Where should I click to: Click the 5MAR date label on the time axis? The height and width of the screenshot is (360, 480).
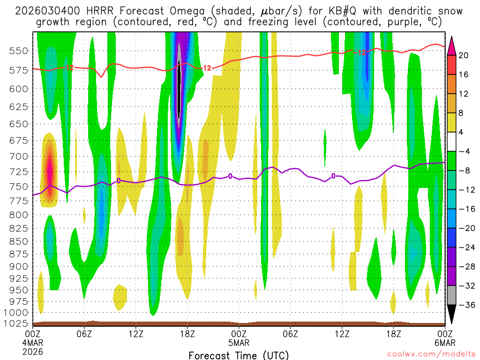click(x=239, y=342)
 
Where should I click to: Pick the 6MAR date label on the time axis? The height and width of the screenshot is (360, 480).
click(x=444, y=342)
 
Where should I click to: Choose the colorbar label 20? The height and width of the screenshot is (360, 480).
click(x=464, y=55)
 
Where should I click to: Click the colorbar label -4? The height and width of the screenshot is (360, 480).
click(x=464, y=151)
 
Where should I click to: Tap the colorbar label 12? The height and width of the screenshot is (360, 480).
click(x=464, y=94)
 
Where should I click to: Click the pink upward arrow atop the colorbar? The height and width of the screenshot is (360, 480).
click(x=452, y=45)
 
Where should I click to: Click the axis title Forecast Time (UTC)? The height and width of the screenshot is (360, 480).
click(x=239, y=355)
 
